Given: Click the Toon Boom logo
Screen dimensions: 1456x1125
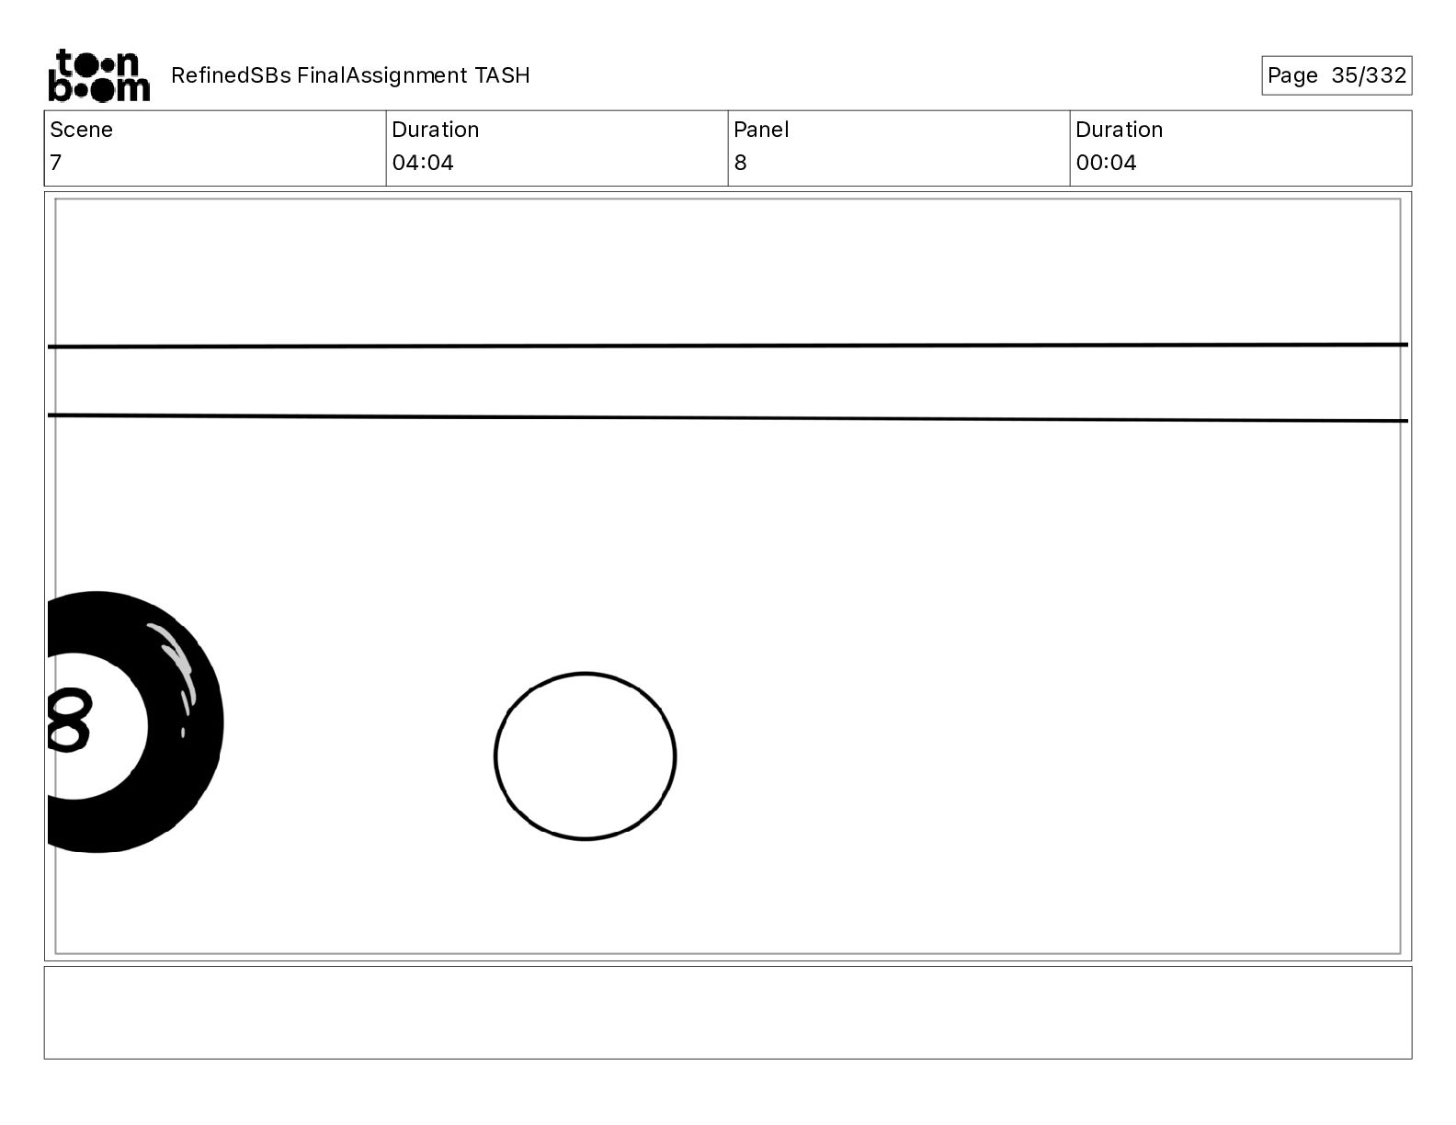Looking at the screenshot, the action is point(99,75).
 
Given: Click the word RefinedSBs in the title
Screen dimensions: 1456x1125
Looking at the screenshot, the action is point(231,75).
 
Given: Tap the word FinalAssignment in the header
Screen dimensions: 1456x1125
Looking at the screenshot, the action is point(381,75).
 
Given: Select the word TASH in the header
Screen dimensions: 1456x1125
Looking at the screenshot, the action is point(503,75).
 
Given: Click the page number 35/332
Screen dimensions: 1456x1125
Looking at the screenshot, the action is point(1369,75).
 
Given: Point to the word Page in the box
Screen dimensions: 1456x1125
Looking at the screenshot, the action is point(1291,75).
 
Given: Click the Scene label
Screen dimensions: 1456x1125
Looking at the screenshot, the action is point(81,130).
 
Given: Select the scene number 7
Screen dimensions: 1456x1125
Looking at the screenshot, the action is point(56,162).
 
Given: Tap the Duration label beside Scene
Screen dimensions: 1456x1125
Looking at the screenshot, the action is point(436,130).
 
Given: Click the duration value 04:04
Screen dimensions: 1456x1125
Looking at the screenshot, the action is point(423,162).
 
